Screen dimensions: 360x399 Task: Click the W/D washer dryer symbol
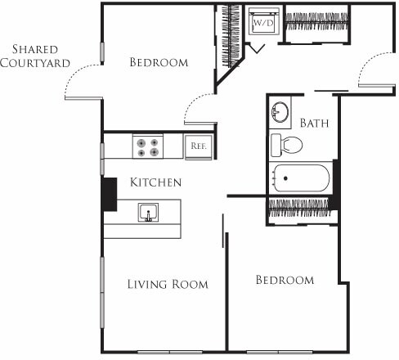tap(263, 24)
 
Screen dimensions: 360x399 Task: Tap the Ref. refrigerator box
tap(197, 146)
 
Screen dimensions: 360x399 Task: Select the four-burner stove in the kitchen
tap(148, 146)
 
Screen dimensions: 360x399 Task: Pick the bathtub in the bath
tap(301, 178)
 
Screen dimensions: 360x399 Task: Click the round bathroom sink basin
tap(280, 111)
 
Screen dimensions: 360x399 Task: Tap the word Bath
tap(314, 124)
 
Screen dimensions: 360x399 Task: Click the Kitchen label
tap(155, 182)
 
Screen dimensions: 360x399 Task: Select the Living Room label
tap(168, 284)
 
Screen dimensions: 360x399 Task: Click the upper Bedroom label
tap(159, 62)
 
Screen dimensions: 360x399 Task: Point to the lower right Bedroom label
tap(285, 280)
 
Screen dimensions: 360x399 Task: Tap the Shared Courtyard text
tap(34, 56)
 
